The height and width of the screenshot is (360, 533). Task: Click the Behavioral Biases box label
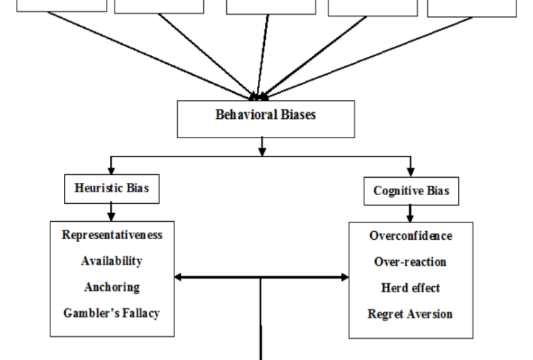click(265, 114)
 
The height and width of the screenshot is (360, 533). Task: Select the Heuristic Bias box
click(112, 189)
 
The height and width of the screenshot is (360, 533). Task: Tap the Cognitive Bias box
click(411, 191)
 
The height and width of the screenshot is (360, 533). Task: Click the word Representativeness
click(112, 235)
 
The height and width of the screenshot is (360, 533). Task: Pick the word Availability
click(112, 261)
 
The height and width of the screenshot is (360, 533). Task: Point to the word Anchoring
click(112, 287)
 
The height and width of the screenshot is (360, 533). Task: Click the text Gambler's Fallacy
click(112, 313)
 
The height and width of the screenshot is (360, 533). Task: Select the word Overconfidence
click(411, 235)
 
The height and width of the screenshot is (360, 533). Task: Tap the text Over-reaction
click(411, 261)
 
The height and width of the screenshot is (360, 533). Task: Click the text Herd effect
click(411, 287)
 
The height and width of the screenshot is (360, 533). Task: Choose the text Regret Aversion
click(411, 314)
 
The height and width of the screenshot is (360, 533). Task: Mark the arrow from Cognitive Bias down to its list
click(411, 213)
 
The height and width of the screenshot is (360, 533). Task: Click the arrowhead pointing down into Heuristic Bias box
click(111, 171)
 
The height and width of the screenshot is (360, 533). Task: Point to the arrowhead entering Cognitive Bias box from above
click(411, 172)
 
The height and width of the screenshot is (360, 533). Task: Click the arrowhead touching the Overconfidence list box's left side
click(344, 276)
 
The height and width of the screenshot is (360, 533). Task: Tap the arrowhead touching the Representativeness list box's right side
click(179, 276)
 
